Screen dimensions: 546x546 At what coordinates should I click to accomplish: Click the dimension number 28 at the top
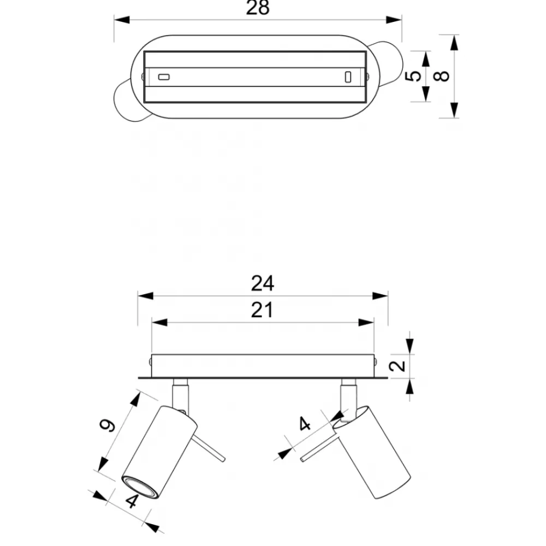click(x=258, y=7)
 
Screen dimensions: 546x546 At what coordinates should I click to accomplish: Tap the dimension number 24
click(x=263, y=283)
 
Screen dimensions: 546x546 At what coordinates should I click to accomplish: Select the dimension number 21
click(x=262, y=310)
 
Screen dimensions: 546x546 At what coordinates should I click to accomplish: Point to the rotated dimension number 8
click(x=442, y=76)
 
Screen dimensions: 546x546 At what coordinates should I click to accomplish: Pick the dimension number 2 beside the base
click(x=397, y=366)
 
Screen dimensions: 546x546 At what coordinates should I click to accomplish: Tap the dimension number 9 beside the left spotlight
click(x=107, y=425)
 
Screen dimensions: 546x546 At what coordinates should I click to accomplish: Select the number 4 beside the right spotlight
click(x=305, y=424)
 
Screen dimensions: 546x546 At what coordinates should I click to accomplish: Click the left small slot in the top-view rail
click(x=164, y=76)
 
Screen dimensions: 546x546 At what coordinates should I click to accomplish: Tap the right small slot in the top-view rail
click(x=348, y=77)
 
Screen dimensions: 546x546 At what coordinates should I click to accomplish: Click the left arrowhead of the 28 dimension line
click(x=122, y=20)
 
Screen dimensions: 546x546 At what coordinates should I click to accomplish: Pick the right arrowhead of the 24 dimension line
click(x=380, y=296)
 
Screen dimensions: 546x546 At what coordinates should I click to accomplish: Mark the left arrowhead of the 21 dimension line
click(x=159, y=323)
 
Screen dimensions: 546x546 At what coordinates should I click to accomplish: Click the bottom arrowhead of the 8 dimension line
click(x=454, y=110)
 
